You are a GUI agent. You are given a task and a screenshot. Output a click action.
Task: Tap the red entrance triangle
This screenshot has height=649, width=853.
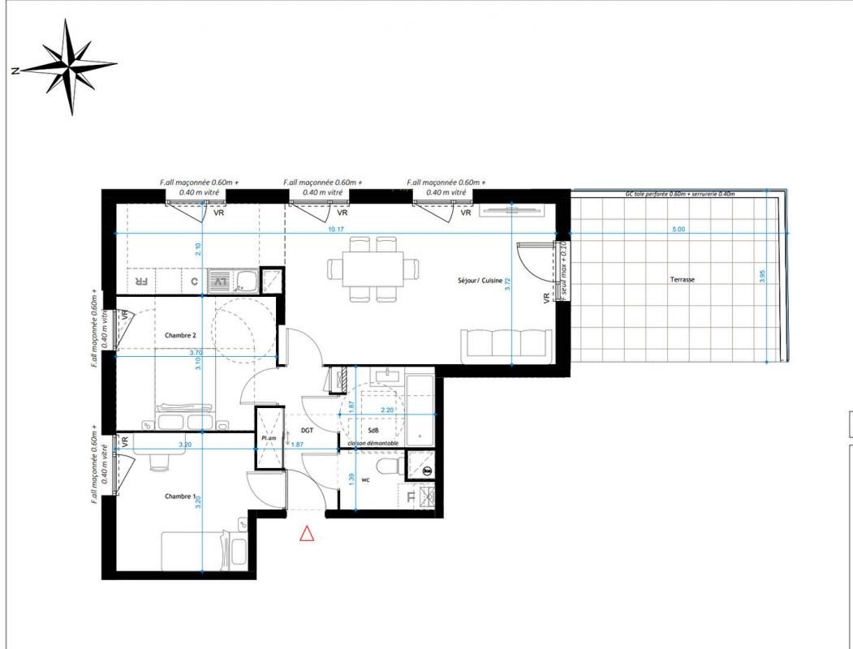coord(307,534)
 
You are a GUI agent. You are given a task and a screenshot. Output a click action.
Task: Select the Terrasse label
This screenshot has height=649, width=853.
coord(683,279)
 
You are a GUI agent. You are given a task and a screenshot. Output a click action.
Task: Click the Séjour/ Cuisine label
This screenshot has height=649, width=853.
coord(480,281)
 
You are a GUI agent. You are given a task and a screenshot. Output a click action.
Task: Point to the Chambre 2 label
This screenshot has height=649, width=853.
coord(180,335)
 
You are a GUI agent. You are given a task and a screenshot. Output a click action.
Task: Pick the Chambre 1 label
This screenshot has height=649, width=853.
coord(180,496)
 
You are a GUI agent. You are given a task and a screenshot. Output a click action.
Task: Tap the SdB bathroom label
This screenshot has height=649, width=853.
coord(373,429)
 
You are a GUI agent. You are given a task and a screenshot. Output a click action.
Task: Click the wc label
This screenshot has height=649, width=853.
coord(366,479)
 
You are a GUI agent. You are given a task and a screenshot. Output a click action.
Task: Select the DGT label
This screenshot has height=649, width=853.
coord(307,431)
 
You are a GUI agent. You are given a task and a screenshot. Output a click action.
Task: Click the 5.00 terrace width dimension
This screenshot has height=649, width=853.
coord(679,230)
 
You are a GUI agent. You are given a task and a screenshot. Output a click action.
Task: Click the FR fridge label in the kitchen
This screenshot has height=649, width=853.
coord(140,282)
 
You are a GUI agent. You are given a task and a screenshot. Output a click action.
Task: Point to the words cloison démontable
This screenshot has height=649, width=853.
coord(373,444)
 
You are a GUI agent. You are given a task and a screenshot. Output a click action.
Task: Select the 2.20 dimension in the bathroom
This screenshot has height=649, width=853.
coord(387,410)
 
